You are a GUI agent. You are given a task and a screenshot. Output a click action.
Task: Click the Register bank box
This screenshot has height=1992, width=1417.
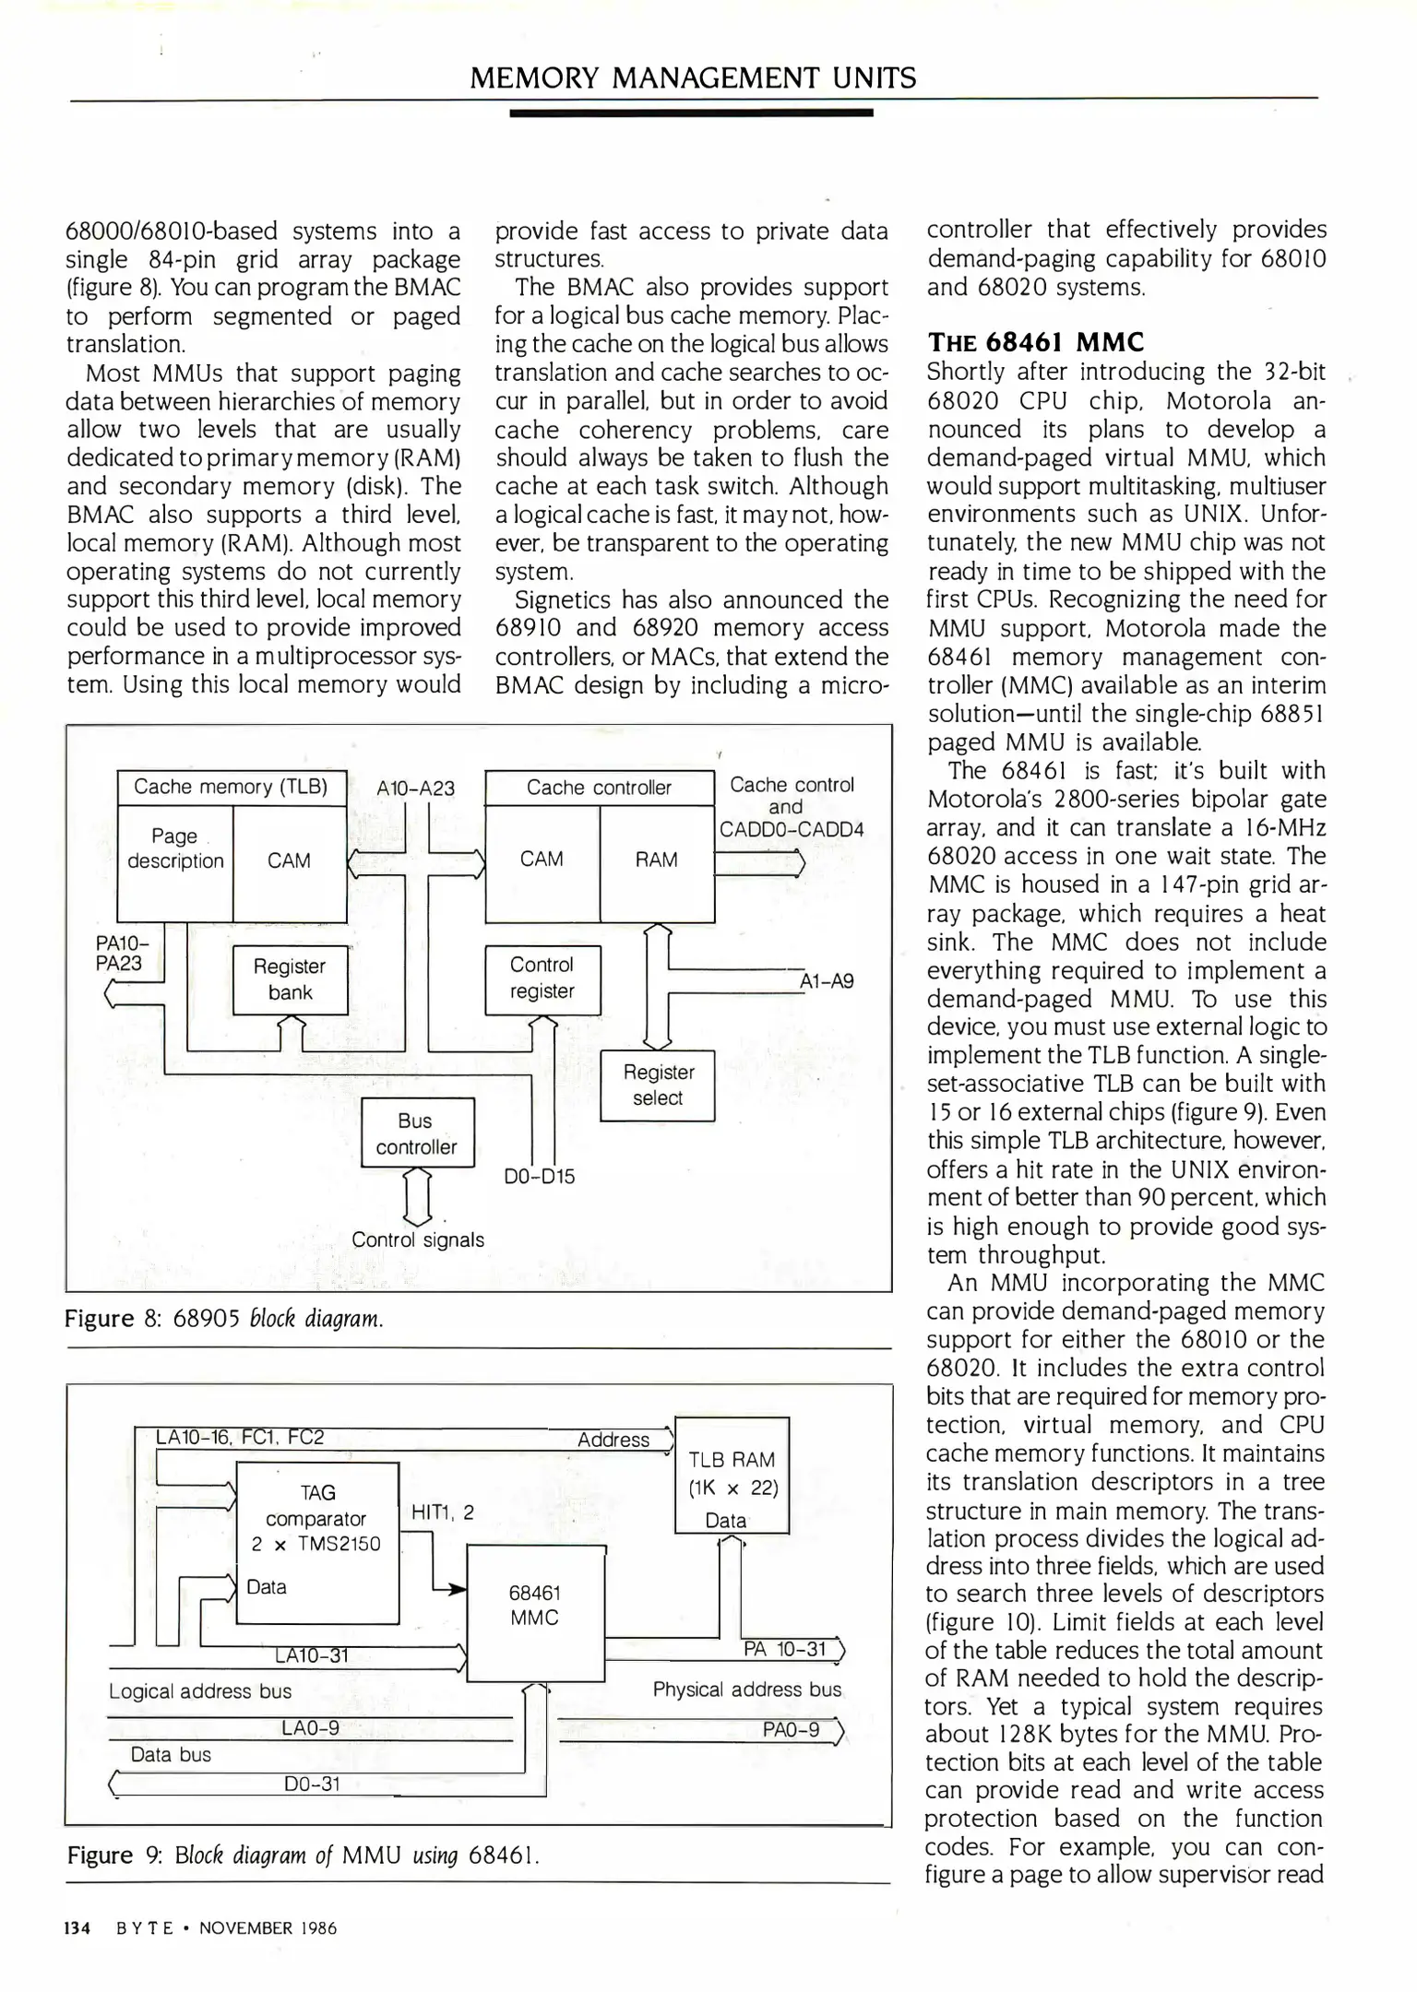point(290,979)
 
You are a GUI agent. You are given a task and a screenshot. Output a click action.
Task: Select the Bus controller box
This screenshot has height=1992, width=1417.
point(417,1132)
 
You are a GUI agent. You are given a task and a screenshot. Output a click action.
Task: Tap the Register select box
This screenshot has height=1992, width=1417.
point(657,1085)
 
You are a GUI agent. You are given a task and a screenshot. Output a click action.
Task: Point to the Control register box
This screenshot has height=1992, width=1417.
point(542,978)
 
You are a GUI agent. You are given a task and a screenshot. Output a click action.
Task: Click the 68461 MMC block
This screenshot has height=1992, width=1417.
point(535,1606)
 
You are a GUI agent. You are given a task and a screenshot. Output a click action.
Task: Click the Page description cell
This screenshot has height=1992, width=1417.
point(175,848)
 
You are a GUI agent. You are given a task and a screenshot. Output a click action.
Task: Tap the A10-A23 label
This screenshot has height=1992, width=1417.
point(416,788)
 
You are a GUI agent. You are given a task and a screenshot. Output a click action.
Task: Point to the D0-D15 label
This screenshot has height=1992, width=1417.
point(540,1177)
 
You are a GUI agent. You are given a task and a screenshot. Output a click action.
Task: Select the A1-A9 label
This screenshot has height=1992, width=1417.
point(827,981)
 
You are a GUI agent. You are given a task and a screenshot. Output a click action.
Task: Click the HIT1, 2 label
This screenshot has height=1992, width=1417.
point(443,1512)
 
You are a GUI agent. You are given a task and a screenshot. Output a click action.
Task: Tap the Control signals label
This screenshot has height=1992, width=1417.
point(418,1240)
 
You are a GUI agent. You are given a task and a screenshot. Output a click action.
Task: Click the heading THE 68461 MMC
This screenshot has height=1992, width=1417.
point(1035,343)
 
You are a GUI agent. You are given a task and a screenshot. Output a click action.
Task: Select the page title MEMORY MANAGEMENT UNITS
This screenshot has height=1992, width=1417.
point(693,78)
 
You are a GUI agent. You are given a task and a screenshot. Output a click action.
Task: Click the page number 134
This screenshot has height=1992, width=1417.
point(76,1928)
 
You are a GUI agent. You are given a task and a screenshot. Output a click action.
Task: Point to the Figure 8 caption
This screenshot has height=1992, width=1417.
point(224,1319)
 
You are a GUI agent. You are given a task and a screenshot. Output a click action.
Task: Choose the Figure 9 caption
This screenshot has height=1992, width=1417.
point(303,1855)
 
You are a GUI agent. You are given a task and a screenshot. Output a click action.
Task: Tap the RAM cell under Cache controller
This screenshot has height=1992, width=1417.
point(657,860)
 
